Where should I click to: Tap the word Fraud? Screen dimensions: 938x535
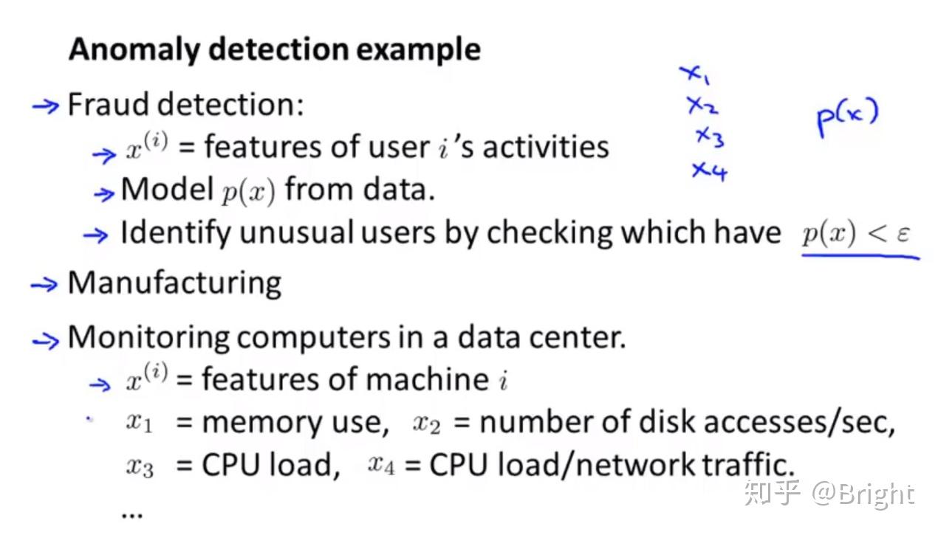click(x=108, y=104)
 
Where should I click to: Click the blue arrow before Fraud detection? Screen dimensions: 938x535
click(x=45, y=106)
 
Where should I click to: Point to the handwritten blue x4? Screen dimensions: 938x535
click(x=710, y=170)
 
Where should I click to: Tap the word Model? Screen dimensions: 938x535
click(x=168, y=190)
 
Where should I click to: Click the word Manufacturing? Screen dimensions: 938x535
click(x=174, y=284)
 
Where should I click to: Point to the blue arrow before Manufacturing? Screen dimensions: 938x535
click(x=44, y=286)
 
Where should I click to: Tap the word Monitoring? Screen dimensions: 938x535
click(x=148, y=338)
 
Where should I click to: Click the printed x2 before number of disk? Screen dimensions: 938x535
click(x=426, y=424)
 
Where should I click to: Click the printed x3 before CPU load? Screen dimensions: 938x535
click(x=140, y=467)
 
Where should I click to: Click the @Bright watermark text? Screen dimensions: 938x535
click(x=863, y=496)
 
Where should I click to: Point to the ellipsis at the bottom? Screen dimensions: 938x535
click(x=132, y=515)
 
